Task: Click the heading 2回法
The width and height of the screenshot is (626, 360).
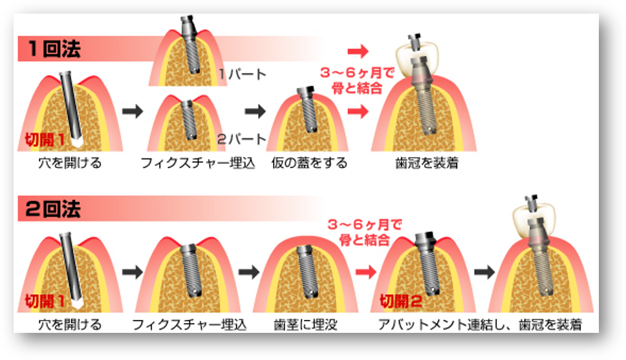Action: coord(54,209)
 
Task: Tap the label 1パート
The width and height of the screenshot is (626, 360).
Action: coord(242,74)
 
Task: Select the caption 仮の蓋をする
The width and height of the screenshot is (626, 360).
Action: coord(308,163)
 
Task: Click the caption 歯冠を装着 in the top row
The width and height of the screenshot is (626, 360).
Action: coord(426,164)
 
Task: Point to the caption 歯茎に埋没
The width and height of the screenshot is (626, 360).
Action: coord(305,323)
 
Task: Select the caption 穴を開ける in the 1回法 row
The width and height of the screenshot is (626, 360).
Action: coord(70,163)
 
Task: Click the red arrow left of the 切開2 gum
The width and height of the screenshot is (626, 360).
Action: coord(365,271)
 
